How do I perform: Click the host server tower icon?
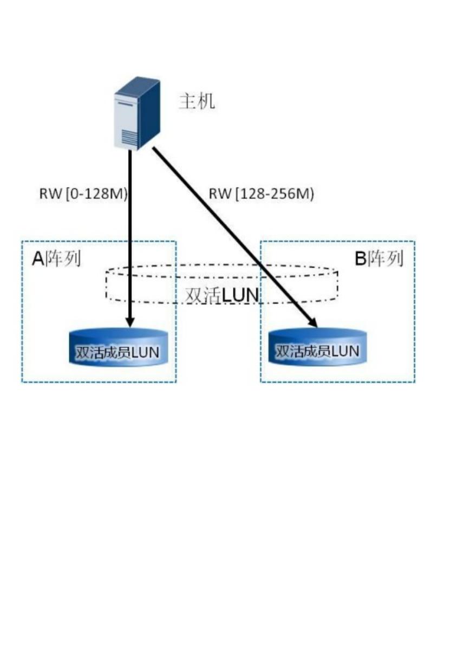pyautogui.click(x=136, y=113)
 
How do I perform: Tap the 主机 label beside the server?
pyautogui.click(x=197, y=101)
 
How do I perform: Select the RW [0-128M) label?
pyautogui.click(x=83, y=194)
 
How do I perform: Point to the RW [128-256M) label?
pyautogui.click(x=261, y=194)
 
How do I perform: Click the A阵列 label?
pyautogui.click(x=56, y=259)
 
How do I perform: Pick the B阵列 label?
pyautogui.click(x=379, y=259)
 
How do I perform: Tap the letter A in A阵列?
pyautogui.click(x=38, y=259)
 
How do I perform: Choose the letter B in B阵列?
pyautogui.click(x=360, y=259)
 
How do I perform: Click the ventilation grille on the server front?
pyautogui.click(x=129, y=138)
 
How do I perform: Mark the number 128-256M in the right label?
pyautogui.click(x=275, y=194)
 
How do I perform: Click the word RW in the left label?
pyautogui.click(x=50, y=194)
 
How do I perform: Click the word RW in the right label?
pyautogui.click(x=219, y=194)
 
